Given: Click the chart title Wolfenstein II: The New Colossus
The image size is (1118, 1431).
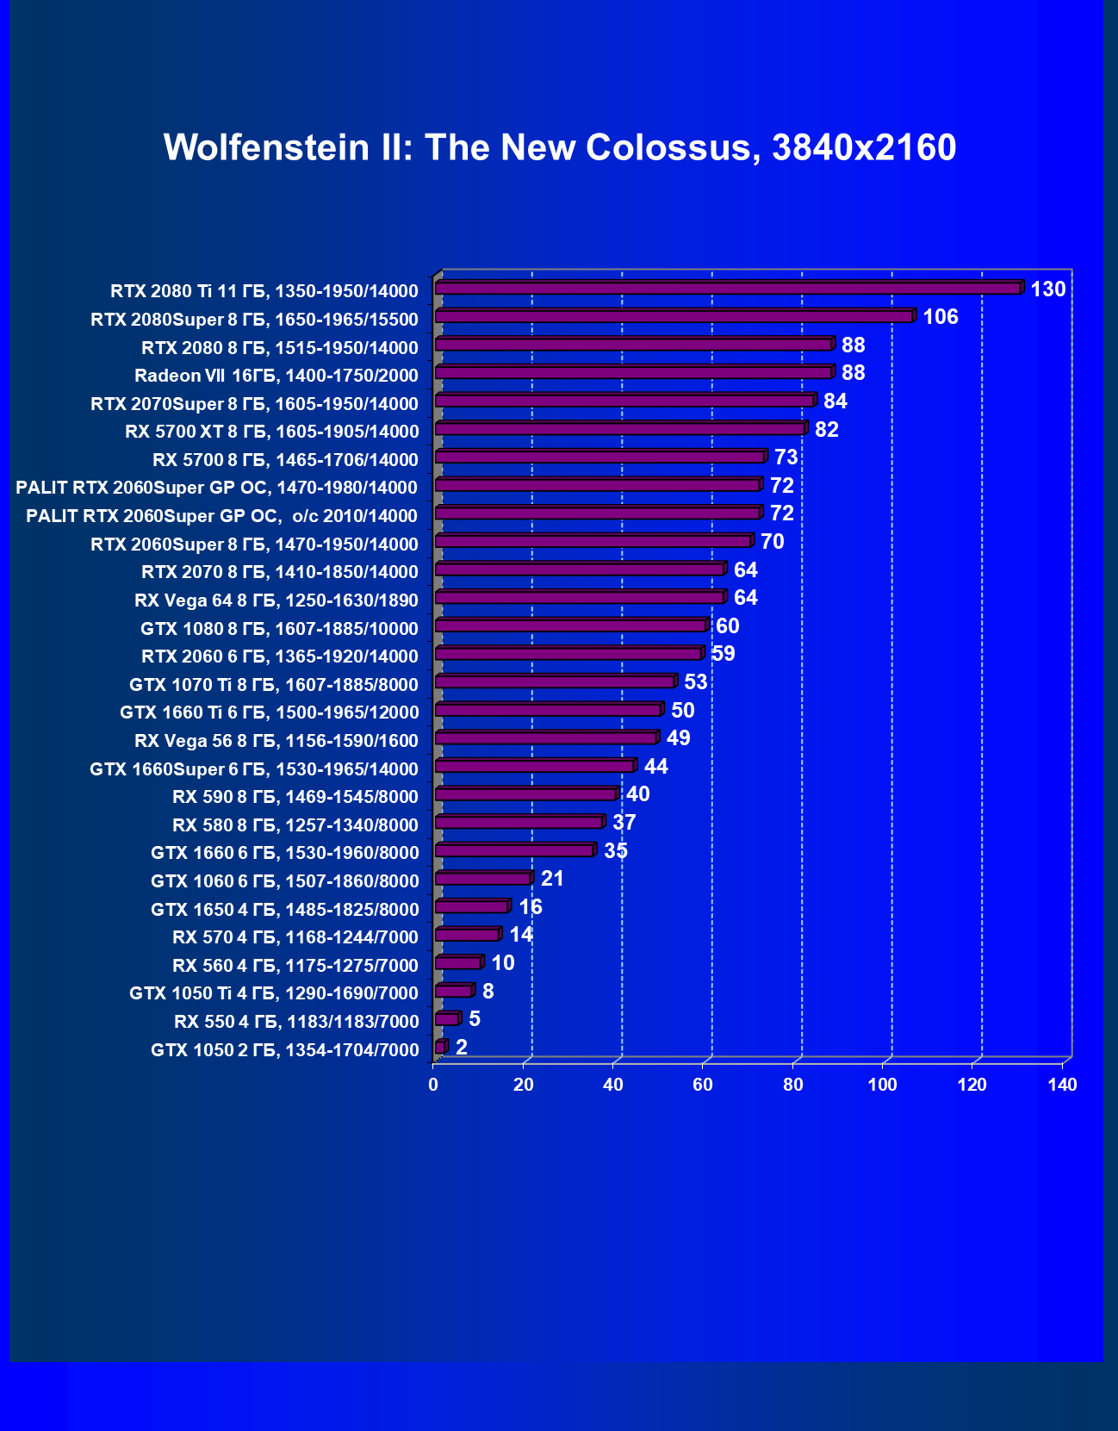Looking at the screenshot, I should [560, 147].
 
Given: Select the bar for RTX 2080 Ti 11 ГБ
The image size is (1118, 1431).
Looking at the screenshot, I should [728, 288].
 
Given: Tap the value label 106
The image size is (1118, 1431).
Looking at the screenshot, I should [940, 317].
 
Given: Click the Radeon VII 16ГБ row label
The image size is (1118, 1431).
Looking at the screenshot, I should [276, 376].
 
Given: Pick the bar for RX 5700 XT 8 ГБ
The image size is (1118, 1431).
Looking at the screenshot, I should [620, 428].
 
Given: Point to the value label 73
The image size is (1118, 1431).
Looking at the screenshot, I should [786, 457].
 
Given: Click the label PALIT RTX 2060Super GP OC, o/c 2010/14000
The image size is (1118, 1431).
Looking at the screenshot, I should [221, 516].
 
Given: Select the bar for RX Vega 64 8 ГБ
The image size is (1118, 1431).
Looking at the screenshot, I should [580, 597].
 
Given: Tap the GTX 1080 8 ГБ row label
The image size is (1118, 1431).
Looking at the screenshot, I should [279, 628].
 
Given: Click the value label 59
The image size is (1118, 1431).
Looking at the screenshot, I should [723, 654].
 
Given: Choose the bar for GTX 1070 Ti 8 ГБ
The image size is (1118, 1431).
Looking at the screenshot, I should [555, 681].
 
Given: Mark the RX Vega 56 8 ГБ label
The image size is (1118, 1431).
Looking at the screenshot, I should [276, 741].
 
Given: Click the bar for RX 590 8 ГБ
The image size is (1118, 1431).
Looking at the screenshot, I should [525, 793].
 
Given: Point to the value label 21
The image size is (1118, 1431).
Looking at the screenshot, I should [552, 879].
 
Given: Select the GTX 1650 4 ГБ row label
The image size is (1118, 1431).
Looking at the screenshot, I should [284, 909].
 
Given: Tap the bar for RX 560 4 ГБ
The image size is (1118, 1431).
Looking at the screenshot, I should [458, 962].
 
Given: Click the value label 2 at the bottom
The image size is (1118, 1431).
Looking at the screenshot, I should [462, 1048].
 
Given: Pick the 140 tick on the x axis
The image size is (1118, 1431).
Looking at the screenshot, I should [1062, 1085].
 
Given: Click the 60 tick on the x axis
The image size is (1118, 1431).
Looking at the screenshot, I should [703, 1085].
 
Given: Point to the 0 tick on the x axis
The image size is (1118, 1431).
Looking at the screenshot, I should [433, 1085].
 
